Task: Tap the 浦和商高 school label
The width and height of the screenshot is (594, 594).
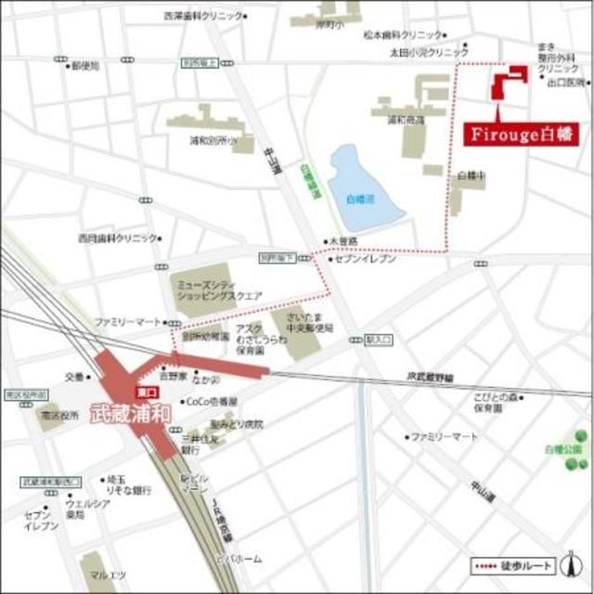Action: click(x=398, y=120)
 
